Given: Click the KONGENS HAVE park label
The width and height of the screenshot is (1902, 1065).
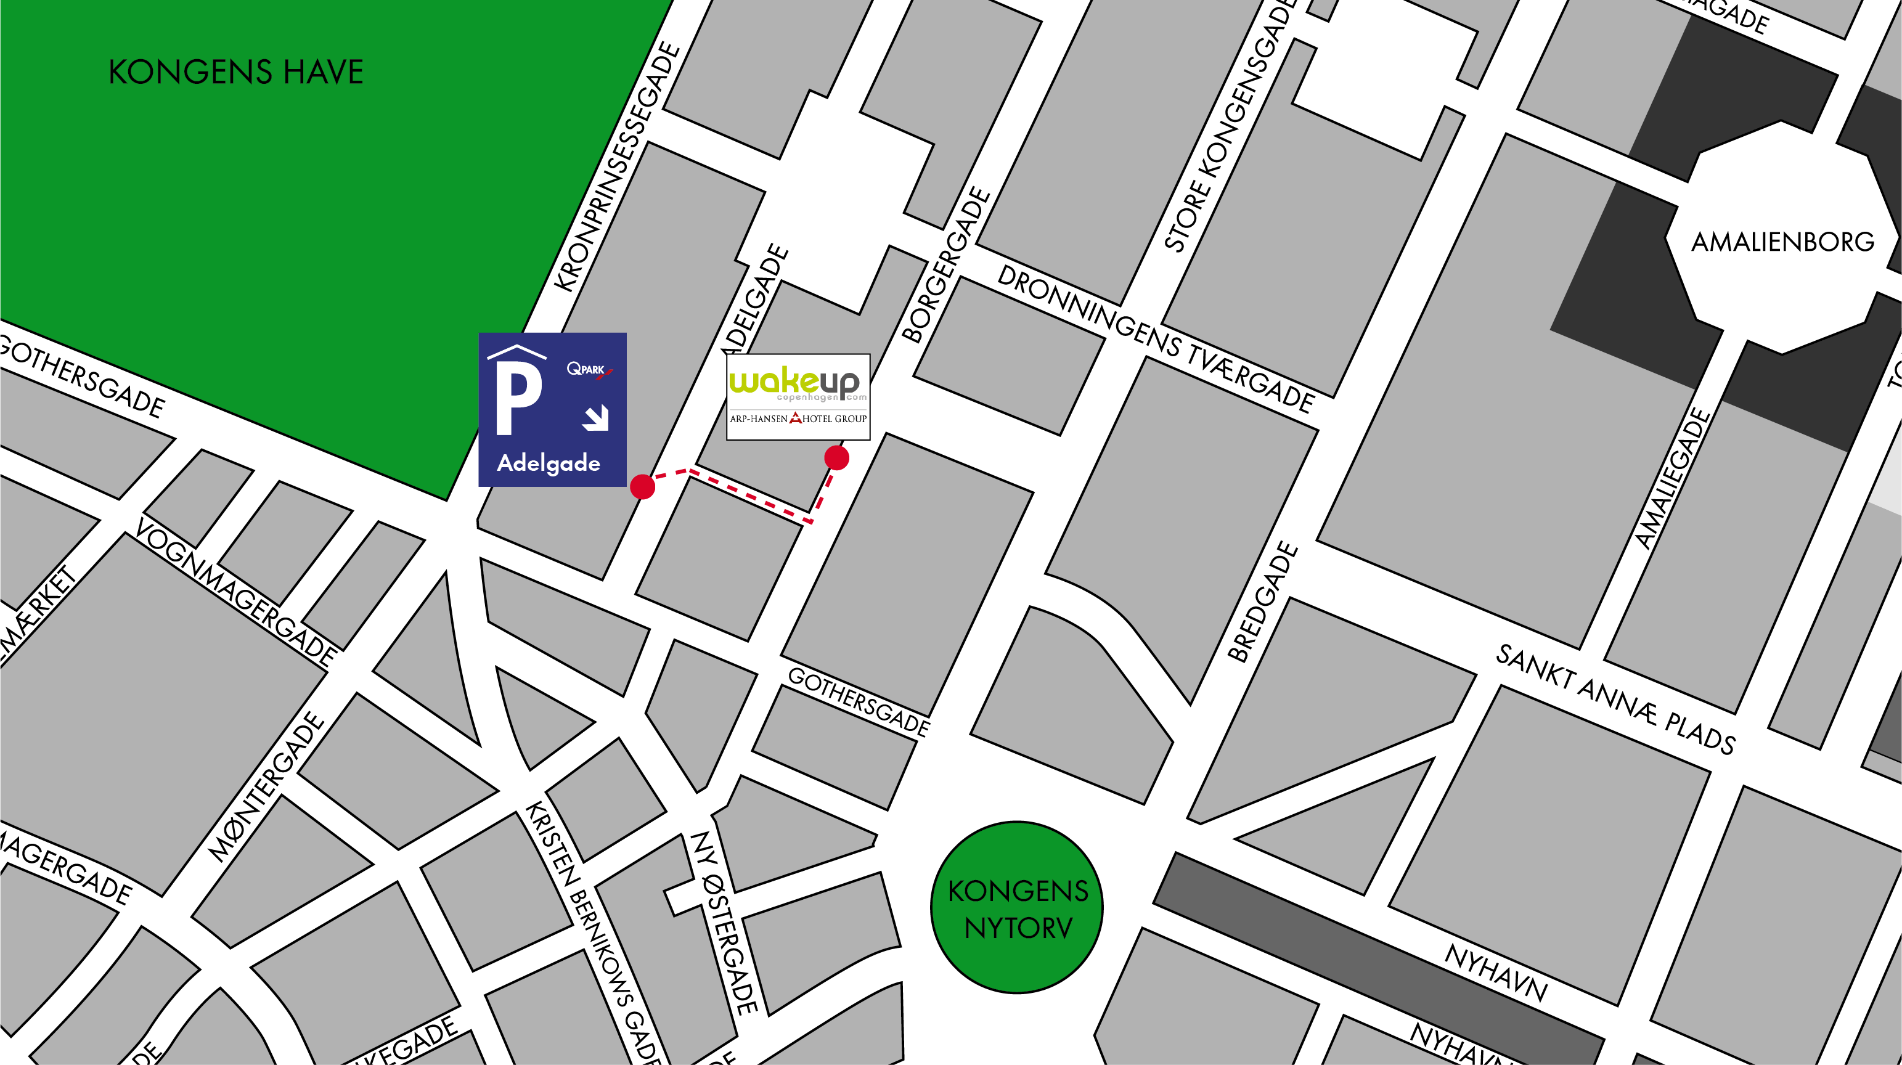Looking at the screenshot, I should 235,72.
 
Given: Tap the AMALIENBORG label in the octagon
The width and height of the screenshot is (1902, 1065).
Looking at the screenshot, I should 1782,242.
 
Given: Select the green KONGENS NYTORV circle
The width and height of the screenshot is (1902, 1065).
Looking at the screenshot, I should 1017,908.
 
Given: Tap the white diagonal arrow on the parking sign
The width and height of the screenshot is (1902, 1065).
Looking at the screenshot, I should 596,418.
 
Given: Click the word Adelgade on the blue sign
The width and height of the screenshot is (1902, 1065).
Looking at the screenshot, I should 548,463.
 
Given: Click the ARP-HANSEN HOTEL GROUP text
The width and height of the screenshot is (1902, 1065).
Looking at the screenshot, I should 798,418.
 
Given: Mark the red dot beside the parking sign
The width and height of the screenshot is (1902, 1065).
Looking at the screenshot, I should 642,487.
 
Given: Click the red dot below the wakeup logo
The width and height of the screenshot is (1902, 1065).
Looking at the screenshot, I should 836,458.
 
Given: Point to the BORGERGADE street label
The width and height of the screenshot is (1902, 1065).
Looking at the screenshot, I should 946,265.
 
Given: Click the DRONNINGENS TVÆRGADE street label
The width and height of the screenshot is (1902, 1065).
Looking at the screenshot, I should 1156,339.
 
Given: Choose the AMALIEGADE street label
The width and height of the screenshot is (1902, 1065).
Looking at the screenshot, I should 1671,479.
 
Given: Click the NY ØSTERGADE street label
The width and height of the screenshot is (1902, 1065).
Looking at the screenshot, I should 723,923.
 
